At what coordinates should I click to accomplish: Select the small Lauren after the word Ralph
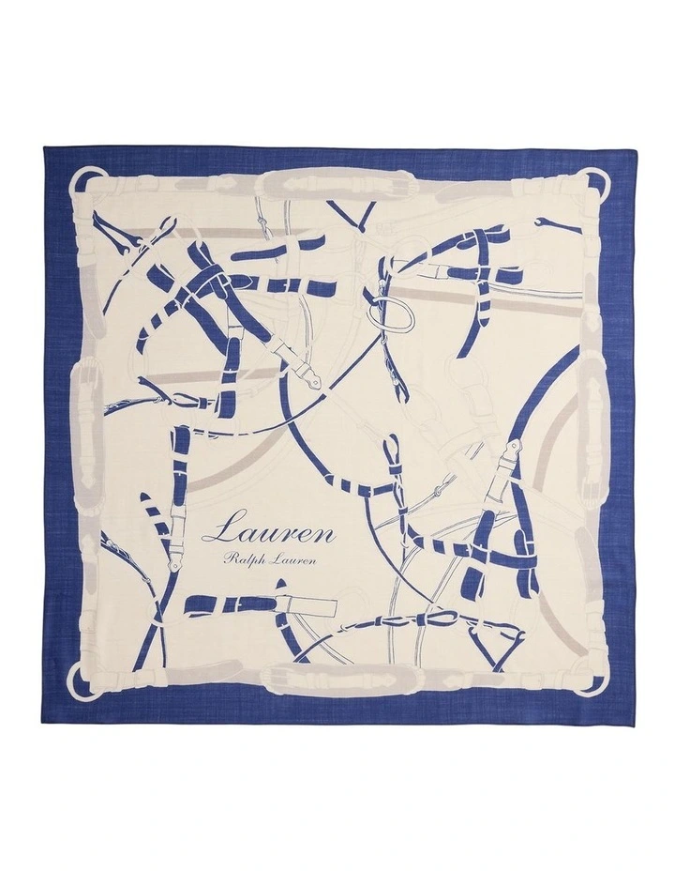tap(297, 561)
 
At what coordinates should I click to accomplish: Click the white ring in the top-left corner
tap(87, 177)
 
